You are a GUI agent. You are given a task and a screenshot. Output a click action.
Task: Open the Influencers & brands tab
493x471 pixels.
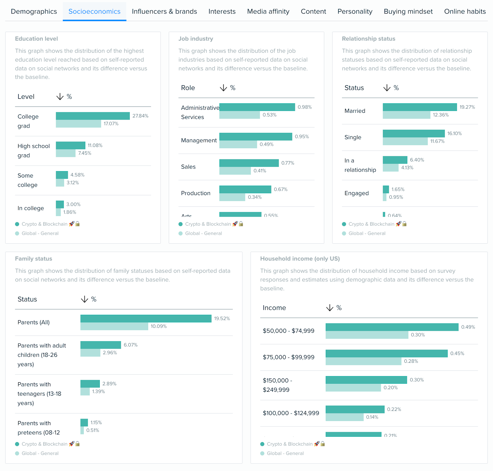pyautogui.click(x=164, y=11)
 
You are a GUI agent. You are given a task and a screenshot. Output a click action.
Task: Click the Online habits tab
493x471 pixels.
pyautogui.click(x=465, y=11)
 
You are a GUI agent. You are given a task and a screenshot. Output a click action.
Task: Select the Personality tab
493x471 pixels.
pyautogui.click(x=355, y=11)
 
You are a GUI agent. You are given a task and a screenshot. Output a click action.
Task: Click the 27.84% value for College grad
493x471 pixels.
pyautogui.click(x=140, y=116)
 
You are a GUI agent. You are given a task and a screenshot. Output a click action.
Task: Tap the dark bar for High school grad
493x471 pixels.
pyautogui.click(x=71, y=145)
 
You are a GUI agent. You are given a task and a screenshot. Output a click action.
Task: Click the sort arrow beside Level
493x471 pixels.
pyautogui.click(x=60, y=97)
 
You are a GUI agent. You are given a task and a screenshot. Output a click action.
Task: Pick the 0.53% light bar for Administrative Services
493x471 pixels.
pyautogui.click(x=239, y=115)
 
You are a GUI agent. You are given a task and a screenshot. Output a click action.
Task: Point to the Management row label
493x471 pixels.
pyautogui.click(x=199, y=140)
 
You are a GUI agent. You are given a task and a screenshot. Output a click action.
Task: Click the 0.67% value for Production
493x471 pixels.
pyautogui.click(x=280, y=189)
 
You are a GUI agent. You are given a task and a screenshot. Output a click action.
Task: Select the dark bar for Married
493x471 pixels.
pyautogui.click(x=420, y=107)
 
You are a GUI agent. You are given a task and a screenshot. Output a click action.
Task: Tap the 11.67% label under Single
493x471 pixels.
pyautogui.click(x=437, y=141)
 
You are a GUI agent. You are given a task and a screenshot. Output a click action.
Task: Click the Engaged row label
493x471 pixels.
pyautogui.click(x=357, y=193)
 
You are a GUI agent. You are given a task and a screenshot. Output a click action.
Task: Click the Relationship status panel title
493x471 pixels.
pyautogui.click(x=368, y=39)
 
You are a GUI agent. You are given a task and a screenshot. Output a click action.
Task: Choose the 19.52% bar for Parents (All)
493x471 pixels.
pyautogui.click(x=146, y=318)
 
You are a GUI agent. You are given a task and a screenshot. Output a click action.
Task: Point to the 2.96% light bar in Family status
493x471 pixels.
pyautogui.click(x=90, y=353)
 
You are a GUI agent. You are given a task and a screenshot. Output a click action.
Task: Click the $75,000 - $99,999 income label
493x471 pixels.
pyautogui.click(x=288, y=357)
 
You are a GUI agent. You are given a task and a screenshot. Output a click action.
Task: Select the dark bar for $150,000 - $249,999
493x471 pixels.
pyautogui.click(x=366, y=380)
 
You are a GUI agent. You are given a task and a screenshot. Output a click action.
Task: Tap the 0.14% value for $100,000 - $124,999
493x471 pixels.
pyautogui.click(x=372, y=417)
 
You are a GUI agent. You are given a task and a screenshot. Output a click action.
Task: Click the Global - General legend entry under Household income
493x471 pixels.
pyautogui.click(x=285, y=453)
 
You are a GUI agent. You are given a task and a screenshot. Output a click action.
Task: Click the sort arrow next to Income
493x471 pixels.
pyautogui.click(x=329, y=308)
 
